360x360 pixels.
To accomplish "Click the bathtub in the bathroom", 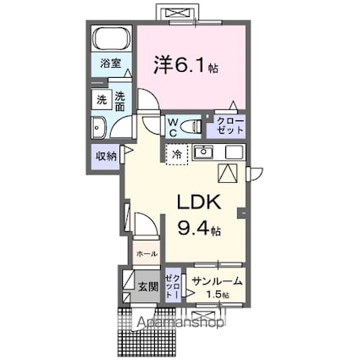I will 111,39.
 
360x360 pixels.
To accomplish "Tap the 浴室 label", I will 111,64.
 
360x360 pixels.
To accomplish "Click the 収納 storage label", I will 106,155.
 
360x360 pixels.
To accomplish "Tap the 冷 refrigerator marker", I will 177,154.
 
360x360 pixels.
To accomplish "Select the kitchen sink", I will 204,153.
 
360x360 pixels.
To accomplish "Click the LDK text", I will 199,203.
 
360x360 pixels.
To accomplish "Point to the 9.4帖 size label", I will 199,228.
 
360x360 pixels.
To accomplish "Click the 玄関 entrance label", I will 147,286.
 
